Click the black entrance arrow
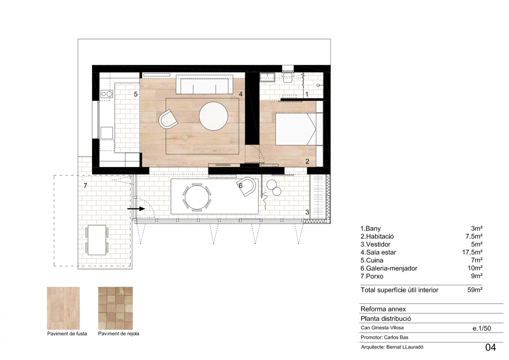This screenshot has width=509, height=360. point(136,208)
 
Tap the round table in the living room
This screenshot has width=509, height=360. point(213,116)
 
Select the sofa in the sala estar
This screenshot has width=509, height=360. point(205,84)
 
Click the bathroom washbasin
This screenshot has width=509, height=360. point(267,77)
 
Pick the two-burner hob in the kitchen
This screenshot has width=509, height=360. point(107,94)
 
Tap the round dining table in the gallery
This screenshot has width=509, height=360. point(197,197)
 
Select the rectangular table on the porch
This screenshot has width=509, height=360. point(97,240)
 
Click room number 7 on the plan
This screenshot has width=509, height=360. point(85,186)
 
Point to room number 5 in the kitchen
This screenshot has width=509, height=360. point(136,94)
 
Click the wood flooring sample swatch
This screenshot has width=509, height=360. point(63,308)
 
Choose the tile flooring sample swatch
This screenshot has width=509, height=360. point(115,308)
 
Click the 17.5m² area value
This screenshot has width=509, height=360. point(472,252)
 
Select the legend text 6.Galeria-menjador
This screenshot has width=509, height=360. point(389,268)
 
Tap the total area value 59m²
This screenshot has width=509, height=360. point(475,290)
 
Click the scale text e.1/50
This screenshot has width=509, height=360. point(482,328)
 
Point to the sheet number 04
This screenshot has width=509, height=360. point(491,347)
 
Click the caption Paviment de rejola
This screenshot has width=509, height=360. point(119,334)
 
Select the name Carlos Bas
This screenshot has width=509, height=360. point(396,337)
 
